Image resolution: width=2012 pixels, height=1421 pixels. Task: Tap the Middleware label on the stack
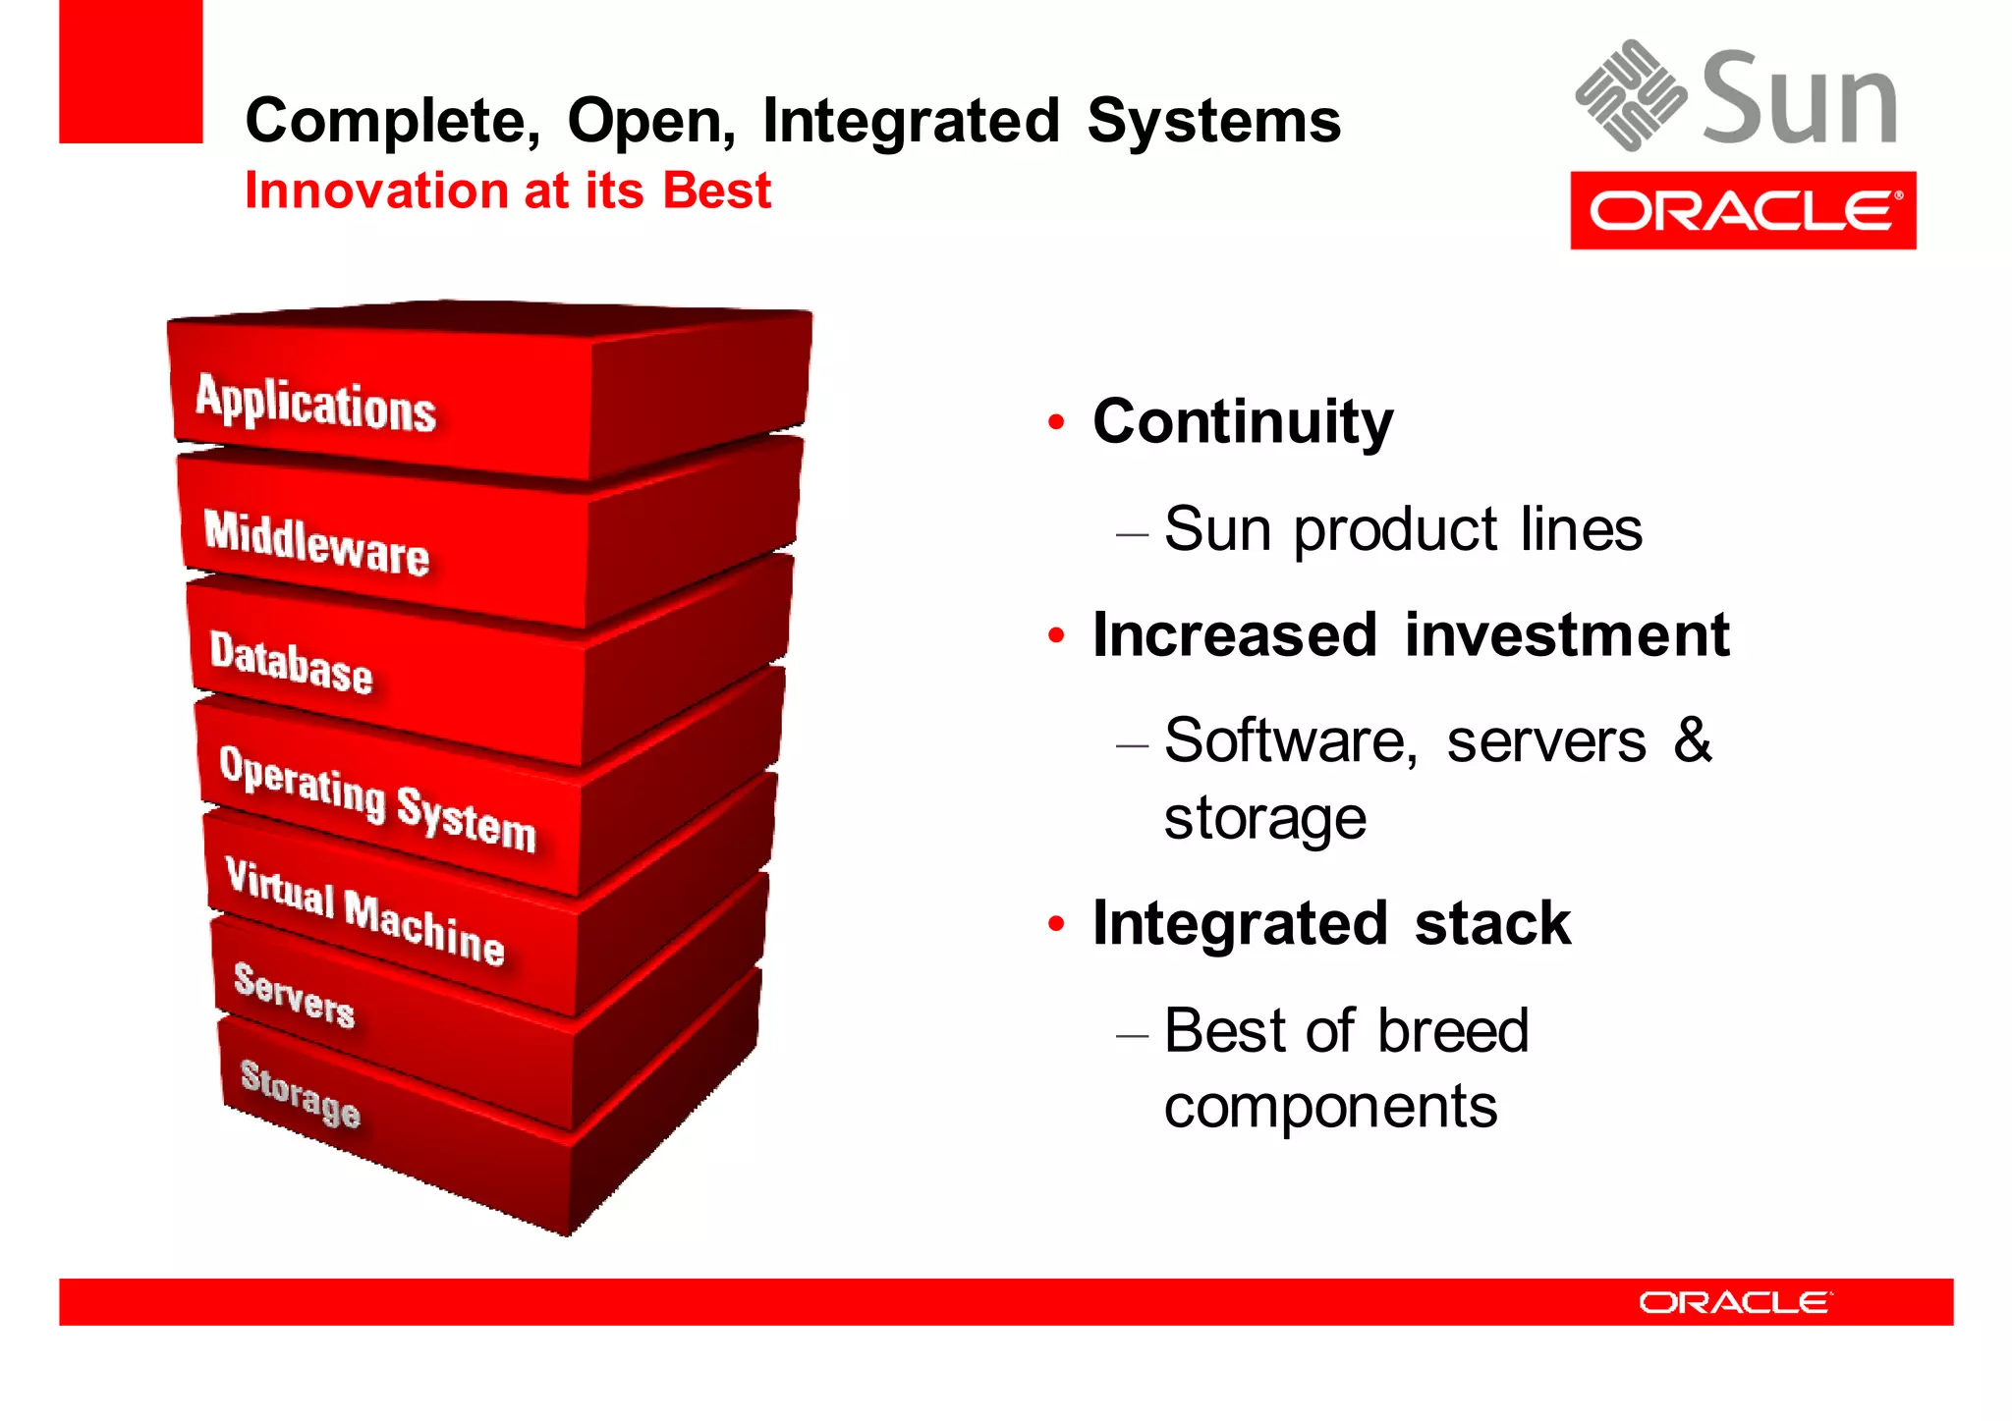click(x=316, y=543)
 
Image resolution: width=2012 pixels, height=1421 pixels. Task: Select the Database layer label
click(x=291, y=664)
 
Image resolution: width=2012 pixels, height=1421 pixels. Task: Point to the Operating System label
click(x=377, y=798)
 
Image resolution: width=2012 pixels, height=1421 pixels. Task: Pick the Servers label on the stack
click(x=294, y=995)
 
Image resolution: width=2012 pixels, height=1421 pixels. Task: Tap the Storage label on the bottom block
click(x=301, y=1093)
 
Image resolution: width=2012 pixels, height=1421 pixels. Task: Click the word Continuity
click(x=1243, y=421)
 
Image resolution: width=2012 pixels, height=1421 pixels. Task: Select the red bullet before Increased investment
click(x=1056, y=635)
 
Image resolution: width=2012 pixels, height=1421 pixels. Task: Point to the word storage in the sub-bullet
click(x=1264, y=818)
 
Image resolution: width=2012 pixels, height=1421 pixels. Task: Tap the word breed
click(x=1452, y=1030)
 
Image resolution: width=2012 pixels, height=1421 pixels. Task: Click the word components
click(x=1330, y=1107)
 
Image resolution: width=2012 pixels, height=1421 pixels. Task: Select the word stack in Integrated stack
click(x=1492, y=924)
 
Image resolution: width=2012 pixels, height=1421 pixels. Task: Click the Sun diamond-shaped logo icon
click(x=1630, y=95)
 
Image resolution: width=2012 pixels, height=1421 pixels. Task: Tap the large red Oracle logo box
click(x=1742, y=210)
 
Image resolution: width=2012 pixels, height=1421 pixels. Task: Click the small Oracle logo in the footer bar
click(x=1734, y=1302)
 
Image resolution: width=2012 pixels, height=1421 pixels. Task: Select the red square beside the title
click(x=131, y=72)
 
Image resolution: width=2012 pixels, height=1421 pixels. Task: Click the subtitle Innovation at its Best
click(x=508, y=191)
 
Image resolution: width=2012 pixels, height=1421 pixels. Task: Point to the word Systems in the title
click(x=1213, y=121)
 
